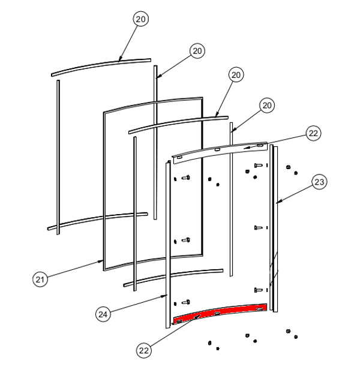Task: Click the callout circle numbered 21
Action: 40,279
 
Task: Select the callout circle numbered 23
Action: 319,182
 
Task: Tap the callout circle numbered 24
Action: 103,314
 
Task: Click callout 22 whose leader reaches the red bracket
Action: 144,350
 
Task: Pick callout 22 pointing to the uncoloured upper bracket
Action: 313,133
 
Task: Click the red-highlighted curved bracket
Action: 220,312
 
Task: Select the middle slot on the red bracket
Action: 217,314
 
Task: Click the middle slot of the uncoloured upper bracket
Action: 217,149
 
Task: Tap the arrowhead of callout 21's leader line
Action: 102,261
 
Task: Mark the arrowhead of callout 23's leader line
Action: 278,202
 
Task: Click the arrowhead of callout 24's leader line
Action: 166,295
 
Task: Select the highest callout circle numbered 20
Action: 140,19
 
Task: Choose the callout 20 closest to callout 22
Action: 267,105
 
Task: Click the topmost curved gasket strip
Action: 101,67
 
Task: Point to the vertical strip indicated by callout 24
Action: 168,244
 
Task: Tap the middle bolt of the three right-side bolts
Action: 258,227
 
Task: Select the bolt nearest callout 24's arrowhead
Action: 186,302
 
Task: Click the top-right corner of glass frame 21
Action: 202,98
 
